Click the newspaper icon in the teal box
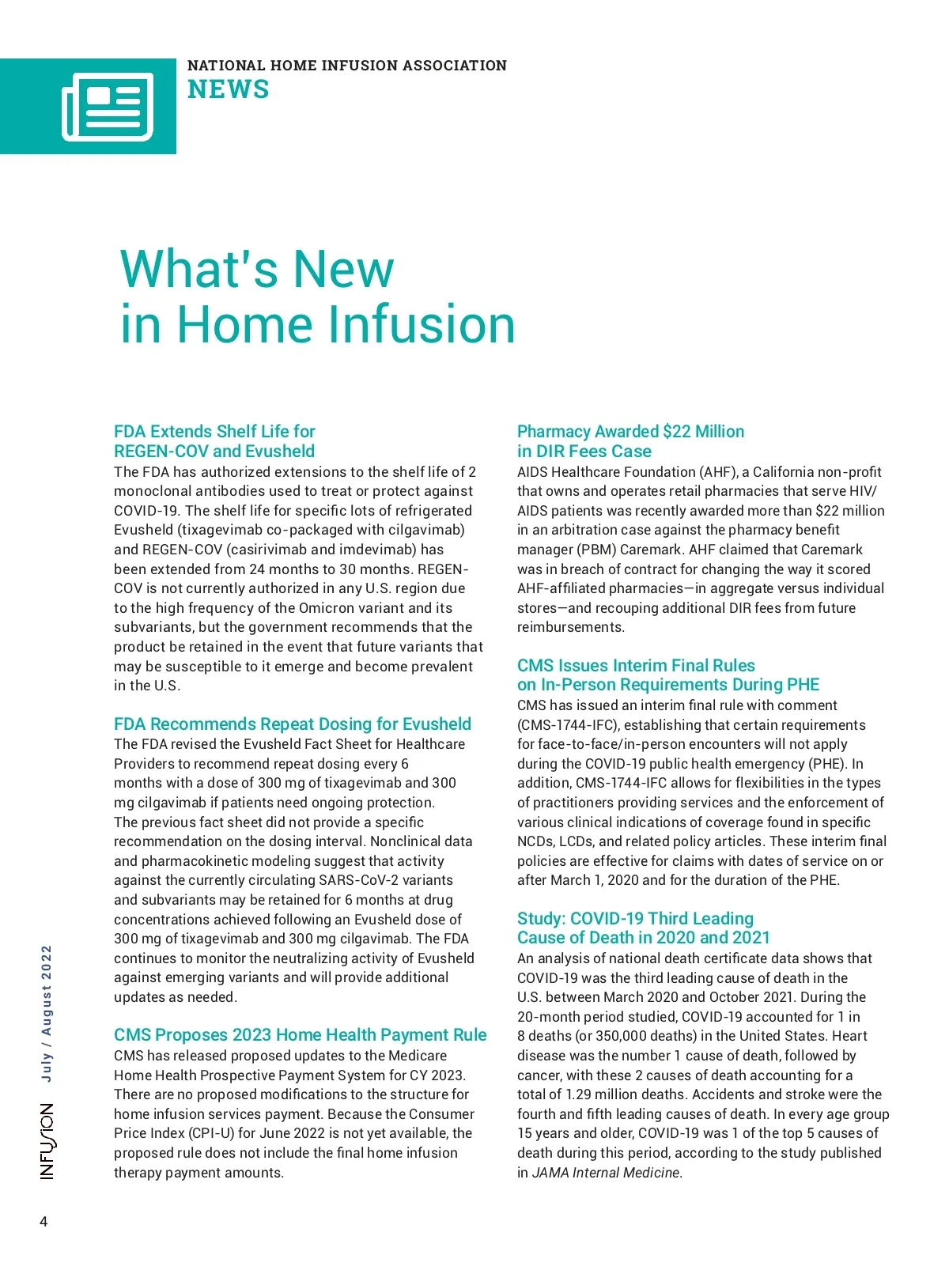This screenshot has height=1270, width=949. [108, 107]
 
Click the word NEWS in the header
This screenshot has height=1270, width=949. [228, 90]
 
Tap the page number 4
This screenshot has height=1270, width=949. [43, 1222]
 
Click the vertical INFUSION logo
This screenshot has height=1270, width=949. [47, 1141]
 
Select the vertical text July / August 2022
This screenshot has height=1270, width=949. [47, 1013]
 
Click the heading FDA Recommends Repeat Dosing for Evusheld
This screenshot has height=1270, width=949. [292, 724]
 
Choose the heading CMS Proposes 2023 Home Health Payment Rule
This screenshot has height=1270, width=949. [300, 1035]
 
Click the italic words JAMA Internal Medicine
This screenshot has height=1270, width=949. [606, 1173]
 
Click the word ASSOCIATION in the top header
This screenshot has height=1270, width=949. [455, 66]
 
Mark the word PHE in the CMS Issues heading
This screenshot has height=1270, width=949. [803, 685]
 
